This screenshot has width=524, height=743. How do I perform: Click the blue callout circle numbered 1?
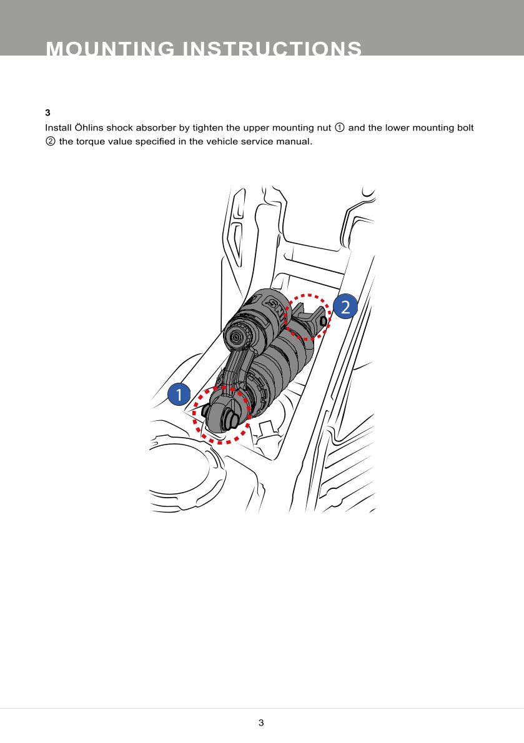pyautogui.click(x=179, y=394)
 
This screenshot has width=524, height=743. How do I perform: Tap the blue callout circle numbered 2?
pyautogui.click(x=345, y=307)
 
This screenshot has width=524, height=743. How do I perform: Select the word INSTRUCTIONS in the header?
pyautogui.click(x=272, y=49)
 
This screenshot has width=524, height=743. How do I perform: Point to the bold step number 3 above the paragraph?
pyautogui.click(x=48, y=113)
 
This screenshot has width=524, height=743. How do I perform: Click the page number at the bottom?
pyautogui.click(x=261, y=722)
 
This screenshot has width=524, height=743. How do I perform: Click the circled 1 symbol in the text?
pyautogui.click(x=340, y=127)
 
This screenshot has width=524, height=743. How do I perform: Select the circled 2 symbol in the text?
pyautogui.click(x=50, y=141)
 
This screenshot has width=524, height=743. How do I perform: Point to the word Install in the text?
pyautogui.click(x=58, y=127)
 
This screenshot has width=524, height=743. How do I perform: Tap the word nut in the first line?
pyautogui.click(x=324, y=128)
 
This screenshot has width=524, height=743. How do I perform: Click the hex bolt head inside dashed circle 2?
pyautogui.click(x=323, y=321)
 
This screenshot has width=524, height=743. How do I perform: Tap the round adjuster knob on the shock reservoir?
pyautogui.click(x=235, y=337)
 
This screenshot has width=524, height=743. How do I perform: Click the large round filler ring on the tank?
pyautogui.click(x=185, y=469)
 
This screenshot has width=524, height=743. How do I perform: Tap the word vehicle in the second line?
pyautogui.click(x=223, y=141)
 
